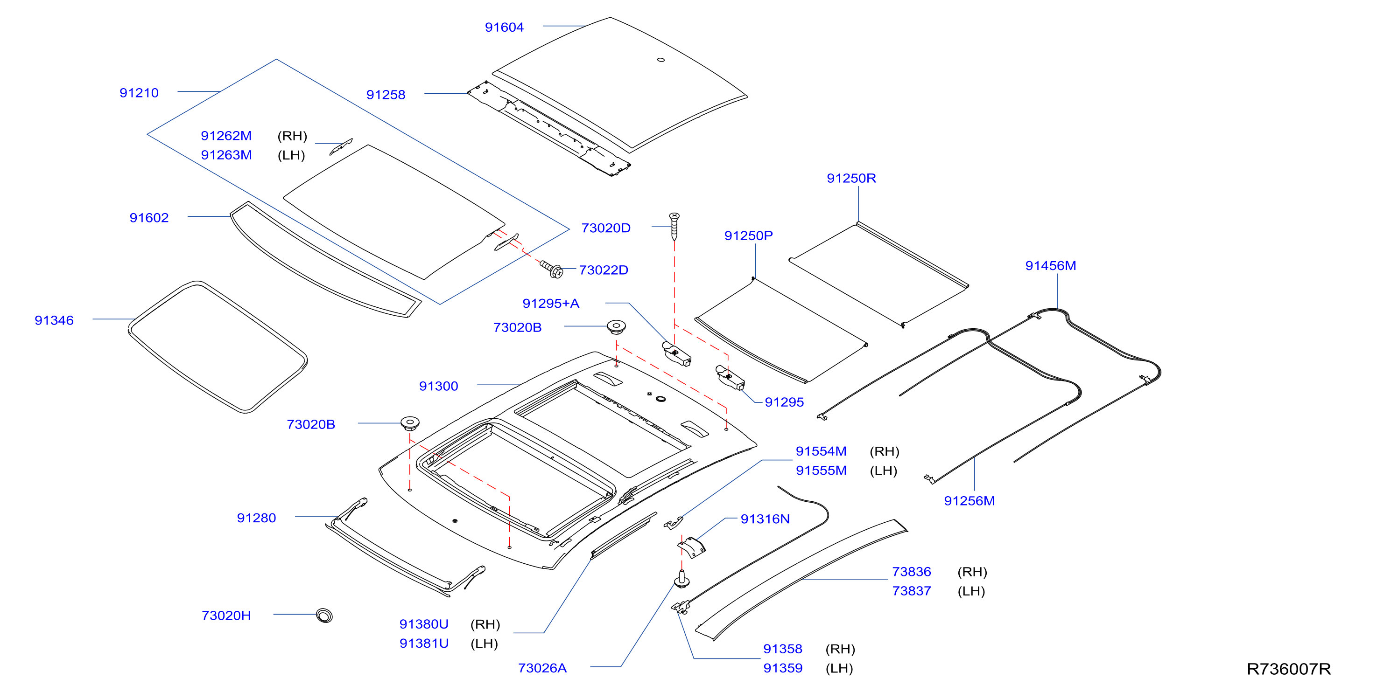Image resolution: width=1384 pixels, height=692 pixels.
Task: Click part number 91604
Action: click(x=504, y=28)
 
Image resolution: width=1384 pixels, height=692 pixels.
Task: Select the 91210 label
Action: click(x=139, y=93)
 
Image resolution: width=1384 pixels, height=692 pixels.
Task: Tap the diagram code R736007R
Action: click(x=1288, y=669)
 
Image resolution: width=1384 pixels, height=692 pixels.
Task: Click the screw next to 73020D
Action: click(x=674, y=227)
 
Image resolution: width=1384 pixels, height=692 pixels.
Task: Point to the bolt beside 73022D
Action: click(x=552, y=270)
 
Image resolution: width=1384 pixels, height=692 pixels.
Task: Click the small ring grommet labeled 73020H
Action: click(x=324, y=615)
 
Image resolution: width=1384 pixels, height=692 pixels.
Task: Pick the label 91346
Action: click(x=54, y=320)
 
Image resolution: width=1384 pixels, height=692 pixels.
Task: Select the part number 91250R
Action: click(x=851, y=178)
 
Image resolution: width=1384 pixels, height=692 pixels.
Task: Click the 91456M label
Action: click(x=1050, y=266)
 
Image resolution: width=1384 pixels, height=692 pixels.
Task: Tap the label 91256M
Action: click(x=969, y=501)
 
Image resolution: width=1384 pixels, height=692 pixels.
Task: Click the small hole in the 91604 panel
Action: click(x=661, y=60)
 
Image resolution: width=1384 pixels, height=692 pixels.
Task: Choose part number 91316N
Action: click(x=765, y=519)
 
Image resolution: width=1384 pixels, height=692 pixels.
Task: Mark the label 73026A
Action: click(x=542, y=668)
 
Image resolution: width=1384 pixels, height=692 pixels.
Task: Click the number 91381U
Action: click(x=424, y=643)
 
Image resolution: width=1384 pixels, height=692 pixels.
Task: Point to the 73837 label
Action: click(x=911, y=591)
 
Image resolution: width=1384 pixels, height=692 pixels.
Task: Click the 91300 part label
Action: click(x=438, y=386)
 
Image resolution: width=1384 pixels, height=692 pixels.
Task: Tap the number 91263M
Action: click(x=226, y=155)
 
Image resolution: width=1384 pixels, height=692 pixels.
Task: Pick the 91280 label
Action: click(x=256, y=518)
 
